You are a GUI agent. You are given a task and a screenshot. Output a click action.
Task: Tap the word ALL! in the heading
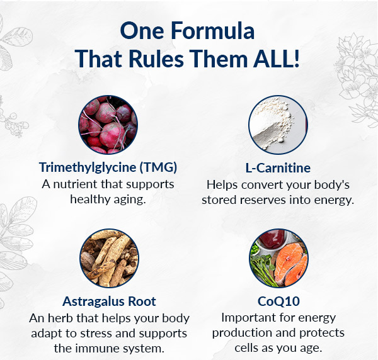277,59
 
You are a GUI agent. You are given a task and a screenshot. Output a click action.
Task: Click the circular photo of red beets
108,125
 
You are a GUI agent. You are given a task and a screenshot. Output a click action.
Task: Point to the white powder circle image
278,125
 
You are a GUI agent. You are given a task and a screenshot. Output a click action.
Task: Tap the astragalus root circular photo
109,258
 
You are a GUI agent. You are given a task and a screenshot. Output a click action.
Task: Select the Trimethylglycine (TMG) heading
108,167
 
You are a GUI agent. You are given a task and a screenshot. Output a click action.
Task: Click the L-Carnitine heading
278,168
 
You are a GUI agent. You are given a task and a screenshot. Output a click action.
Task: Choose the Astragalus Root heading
109,301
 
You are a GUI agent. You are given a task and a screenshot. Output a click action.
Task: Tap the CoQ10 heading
278,301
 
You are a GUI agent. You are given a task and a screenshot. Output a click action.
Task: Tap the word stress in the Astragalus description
96,334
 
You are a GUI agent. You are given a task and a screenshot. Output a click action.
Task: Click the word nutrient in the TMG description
75,184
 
